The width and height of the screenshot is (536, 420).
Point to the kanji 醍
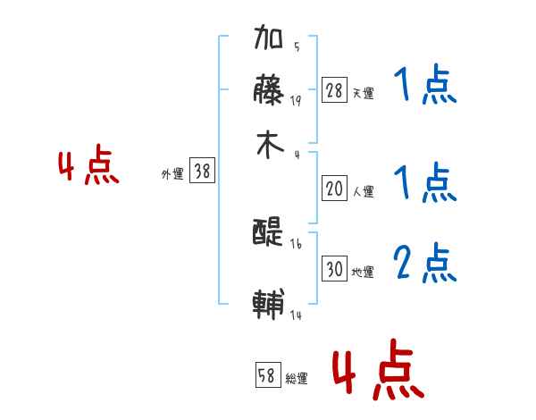[x=269, y=233]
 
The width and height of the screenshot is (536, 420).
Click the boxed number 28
[x=334, y=90]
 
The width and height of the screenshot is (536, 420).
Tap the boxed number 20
[x=334, y=189]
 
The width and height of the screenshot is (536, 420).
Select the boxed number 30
[x=334, y=269]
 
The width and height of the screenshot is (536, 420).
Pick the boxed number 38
[x=203, y=172]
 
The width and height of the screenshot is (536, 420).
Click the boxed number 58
[x=267, y=375]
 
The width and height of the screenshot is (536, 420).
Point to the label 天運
[x=363, y=93]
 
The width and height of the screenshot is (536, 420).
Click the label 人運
[x=363, y=191]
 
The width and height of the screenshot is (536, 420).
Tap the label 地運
[x=363, y=272]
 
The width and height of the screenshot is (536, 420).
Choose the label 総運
[x=297, y=379]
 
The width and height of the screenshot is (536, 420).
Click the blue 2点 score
[x=425, y=263]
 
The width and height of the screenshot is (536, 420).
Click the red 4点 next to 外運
[x=88, y=167]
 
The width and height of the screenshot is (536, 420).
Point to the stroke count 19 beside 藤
[x=296, y=100]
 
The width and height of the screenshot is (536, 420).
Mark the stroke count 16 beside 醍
[x=296, y=244]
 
